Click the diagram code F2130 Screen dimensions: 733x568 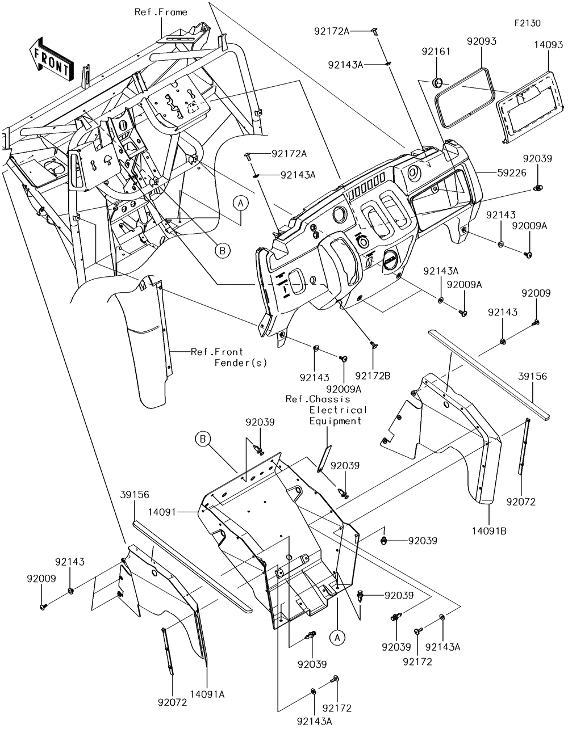(x=527, y=23)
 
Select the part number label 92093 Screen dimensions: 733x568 (x=482, y=41)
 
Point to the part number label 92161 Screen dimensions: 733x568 (x=436, y=52)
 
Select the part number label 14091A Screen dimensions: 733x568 (x=207, y=694)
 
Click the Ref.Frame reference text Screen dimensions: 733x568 (x=161, y=12)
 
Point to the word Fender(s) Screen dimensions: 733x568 (x=240, y=363)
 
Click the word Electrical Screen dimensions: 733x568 (x=339, y=410)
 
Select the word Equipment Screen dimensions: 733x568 (x=335, y=421)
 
